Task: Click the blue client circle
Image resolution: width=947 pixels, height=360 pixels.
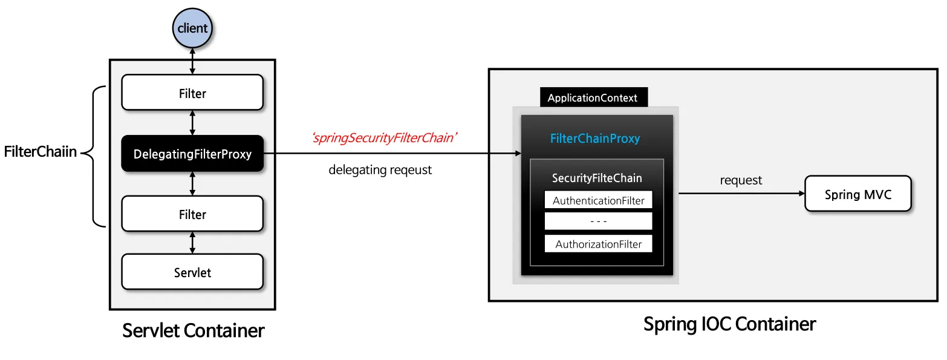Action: click(192, 28)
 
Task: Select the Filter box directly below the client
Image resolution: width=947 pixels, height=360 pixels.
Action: click(192, 93)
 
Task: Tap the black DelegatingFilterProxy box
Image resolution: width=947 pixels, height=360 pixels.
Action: click(192, 154)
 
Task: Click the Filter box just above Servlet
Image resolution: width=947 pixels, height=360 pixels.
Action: click(192, 214)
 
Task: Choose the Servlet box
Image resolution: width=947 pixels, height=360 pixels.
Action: click(192, 272)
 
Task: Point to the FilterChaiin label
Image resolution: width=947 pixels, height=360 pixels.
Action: click(41, 152)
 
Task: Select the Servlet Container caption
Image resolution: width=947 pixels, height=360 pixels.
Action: click(193, 330)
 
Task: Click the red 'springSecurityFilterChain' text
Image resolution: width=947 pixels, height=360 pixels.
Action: click(384, 138)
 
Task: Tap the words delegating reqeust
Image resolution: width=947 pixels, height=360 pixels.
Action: click(380, 170)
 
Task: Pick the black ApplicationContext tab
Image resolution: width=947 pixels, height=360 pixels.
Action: click(592, 98)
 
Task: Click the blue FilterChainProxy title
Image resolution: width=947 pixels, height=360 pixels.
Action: click(594, 139)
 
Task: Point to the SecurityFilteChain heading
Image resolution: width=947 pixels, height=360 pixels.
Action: click(597, 178)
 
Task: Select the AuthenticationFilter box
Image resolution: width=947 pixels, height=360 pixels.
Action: click(598, 200)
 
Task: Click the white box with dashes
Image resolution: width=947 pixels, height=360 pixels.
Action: click(598, 221)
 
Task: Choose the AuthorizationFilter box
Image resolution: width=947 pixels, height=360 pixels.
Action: click(598, 244)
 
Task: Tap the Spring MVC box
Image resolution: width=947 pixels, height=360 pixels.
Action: click(858, 194)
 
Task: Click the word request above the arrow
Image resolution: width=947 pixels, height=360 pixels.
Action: click(741, 180)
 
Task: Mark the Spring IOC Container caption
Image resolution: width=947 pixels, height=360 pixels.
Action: click(729, 324)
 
